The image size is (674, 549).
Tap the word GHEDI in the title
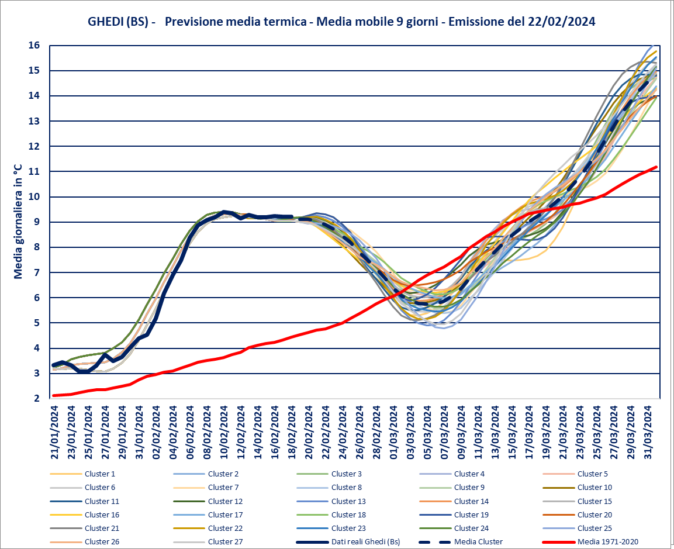105,22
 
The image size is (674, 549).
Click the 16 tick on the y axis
34,45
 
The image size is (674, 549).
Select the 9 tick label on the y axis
36,222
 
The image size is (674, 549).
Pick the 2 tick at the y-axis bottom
36,399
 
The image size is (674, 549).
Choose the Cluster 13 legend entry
348,501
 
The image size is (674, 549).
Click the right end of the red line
658,167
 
